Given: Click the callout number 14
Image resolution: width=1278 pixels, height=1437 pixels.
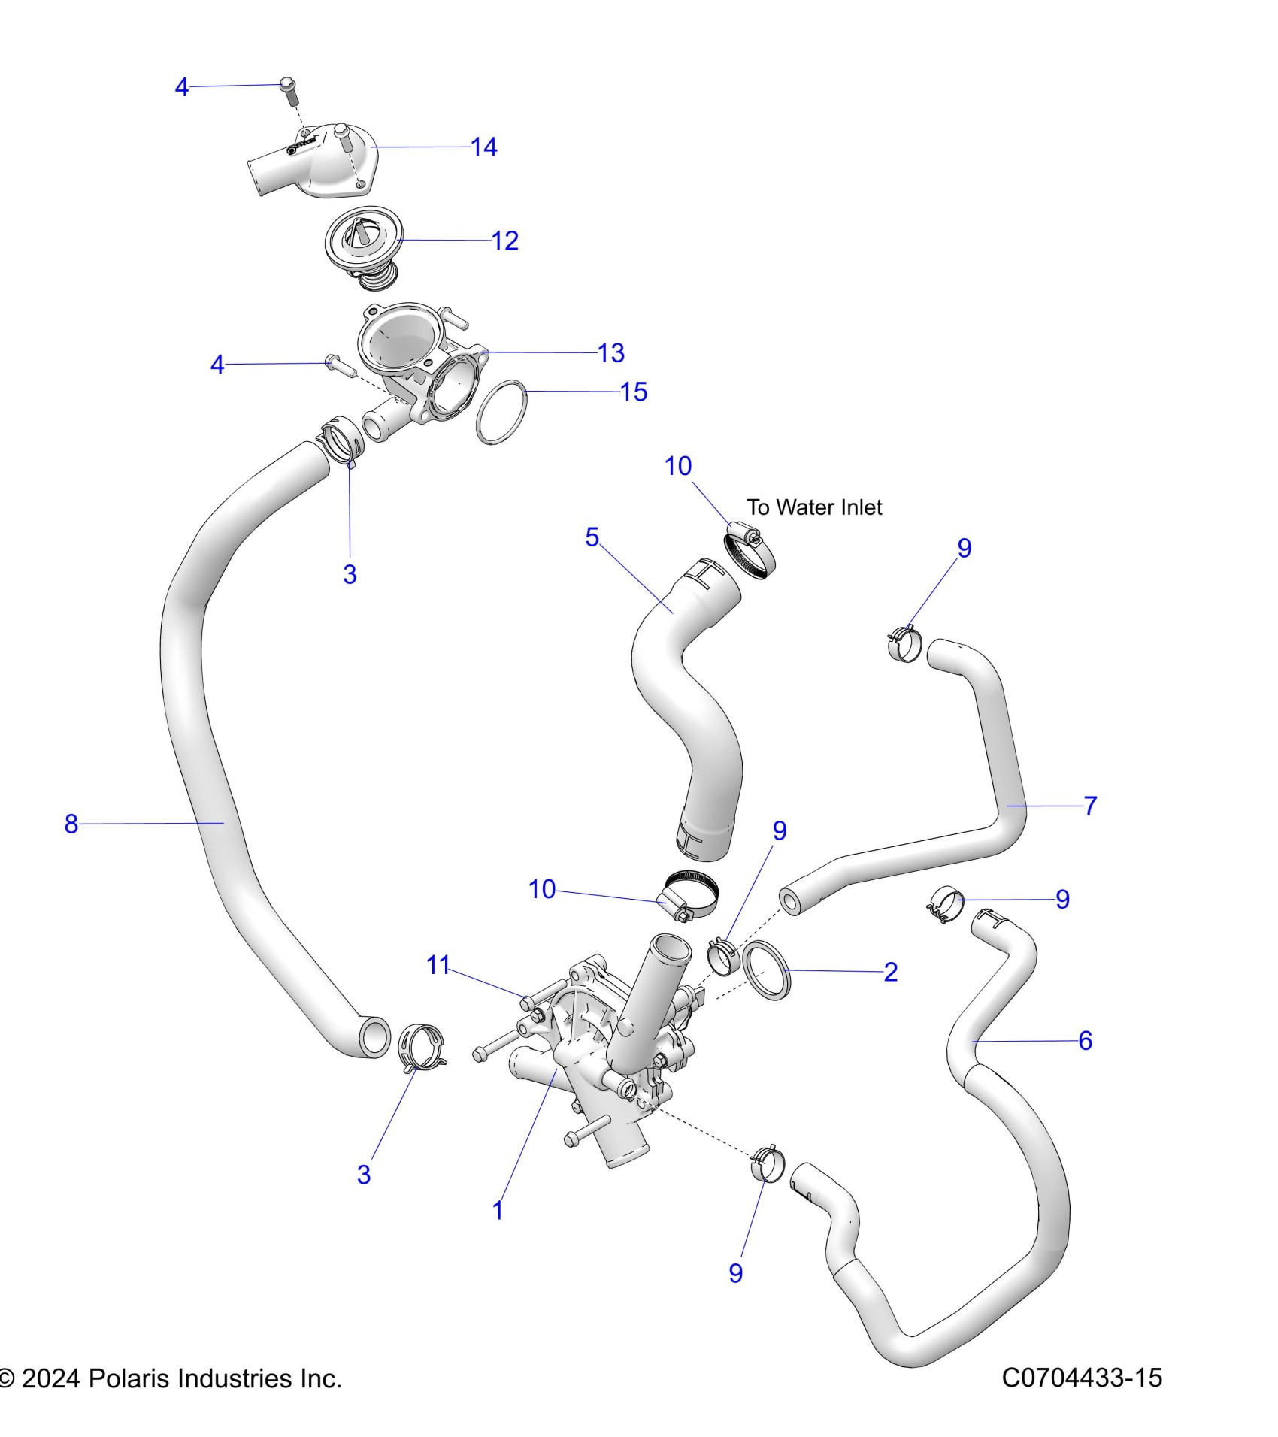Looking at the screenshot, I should [x=484, y=147].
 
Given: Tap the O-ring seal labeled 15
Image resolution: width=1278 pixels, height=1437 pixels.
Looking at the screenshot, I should [x=501, y=413].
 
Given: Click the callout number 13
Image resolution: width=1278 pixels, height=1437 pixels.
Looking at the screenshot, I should [x=610, y=352].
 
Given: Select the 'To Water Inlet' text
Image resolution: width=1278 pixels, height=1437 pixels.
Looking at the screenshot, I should [x=814, y=507].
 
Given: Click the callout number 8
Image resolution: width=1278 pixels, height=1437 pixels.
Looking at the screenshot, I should [x=71, y=824].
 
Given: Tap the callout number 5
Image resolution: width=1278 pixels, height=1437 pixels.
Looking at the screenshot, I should [x=592, y=537].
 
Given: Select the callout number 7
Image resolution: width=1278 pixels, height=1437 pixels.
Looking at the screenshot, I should [x=1090, y=806].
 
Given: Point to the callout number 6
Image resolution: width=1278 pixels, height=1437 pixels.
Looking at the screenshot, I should [x=1085, y=1040].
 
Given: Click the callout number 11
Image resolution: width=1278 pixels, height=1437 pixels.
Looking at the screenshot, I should [x=438, y=964].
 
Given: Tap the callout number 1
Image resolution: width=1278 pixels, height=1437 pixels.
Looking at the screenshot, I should [x=498, y=1210].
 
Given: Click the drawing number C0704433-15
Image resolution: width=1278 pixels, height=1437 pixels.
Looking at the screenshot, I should [x=1082, y=1378].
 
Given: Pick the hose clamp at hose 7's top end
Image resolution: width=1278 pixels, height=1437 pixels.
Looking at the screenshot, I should [x=904, y=643].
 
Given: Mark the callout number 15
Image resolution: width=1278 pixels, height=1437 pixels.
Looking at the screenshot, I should [x=634, y=392].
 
